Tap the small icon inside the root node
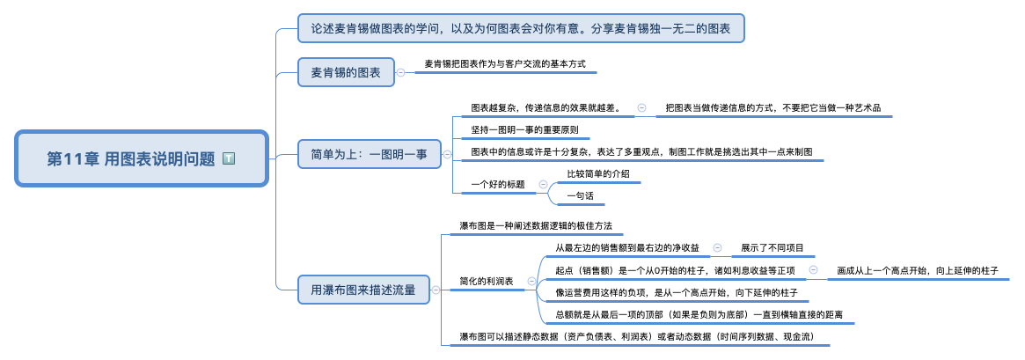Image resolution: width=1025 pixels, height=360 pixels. (229, 158)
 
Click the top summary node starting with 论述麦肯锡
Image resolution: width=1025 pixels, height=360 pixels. (521, 28)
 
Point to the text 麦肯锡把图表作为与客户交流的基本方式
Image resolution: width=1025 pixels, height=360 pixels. (504, 64)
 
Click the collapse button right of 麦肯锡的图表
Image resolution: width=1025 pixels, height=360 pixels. (401, 72)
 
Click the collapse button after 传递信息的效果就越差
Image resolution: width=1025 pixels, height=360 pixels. (641, 107)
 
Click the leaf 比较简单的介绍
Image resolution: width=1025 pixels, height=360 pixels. (598, 173)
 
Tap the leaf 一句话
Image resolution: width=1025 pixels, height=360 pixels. (580, 195)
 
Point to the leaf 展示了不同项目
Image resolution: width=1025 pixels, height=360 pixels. (772, 248)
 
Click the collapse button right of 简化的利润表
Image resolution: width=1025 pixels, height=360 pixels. (531, 282)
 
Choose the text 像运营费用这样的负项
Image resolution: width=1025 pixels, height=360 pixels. (676, 291)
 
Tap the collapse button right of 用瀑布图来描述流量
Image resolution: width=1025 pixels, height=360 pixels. (435, 289)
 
